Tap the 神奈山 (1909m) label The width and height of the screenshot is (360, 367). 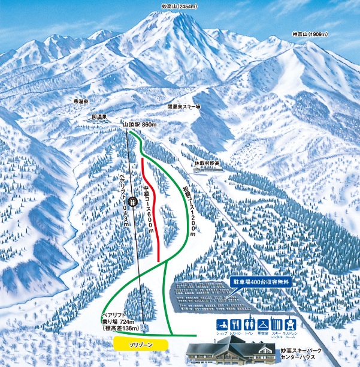coord(310,35)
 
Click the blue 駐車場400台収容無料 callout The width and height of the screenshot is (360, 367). coord(261,280)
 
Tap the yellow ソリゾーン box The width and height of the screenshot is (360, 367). coord(139,345)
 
